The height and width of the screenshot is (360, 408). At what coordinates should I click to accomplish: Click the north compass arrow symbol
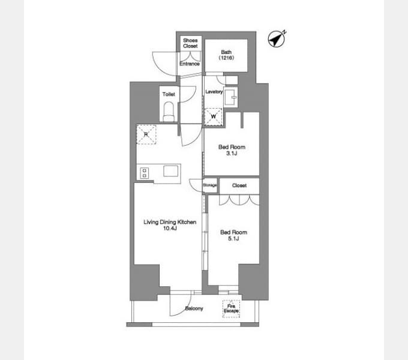tap(277, 39)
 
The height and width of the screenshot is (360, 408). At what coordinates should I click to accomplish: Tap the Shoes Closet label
tap(190, 43)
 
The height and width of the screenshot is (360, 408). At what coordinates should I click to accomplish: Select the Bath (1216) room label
tap(226, 55)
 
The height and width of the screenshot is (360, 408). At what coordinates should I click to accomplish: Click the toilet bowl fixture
tap(169, 112)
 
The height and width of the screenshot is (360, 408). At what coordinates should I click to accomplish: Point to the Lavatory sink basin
tap(231, 97)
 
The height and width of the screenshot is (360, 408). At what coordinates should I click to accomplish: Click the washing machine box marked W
tap(213, 117)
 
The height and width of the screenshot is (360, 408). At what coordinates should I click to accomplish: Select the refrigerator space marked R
tap(146, 134)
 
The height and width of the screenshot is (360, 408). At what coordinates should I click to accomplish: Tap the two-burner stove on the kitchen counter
tap(145, 173)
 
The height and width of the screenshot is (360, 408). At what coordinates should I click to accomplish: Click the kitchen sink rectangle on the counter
tap(170, 171)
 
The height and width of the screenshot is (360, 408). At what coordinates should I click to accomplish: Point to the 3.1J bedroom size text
tap(232, 153)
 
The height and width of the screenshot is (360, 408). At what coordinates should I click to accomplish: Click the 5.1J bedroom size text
tap(233, 239)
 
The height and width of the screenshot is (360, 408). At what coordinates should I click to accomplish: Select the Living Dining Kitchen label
tap(170, 222)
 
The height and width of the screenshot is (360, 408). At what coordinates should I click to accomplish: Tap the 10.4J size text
tap(170, 229)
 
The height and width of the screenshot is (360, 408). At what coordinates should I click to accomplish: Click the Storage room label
tap(210, 185)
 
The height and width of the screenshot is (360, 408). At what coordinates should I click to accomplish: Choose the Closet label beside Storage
tap(239, 185)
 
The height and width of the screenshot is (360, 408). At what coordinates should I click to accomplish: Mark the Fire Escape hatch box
tap(231, 308)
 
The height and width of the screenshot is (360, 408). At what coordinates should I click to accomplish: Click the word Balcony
tap(194, 308)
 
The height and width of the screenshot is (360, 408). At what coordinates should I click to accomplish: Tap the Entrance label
tap(190, 64)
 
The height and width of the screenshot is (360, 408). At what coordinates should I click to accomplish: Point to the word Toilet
tap(169, 94)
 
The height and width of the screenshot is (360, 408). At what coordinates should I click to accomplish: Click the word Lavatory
tap(214, 92)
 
